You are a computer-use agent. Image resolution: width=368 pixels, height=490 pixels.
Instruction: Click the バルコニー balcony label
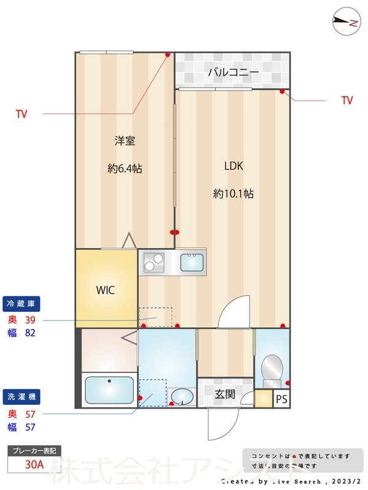point(233,72)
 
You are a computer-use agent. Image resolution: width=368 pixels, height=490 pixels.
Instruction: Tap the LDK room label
point(233,165)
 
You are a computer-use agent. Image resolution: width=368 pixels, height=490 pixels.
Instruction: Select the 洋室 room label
point(125,141)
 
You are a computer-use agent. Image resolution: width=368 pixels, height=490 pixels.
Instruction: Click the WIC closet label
point(105,290)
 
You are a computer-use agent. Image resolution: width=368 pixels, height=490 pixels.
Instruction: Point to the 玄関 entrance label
point(225,394)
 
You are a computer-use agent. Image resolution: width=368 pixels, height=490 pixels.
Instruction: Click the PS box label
point(281,399)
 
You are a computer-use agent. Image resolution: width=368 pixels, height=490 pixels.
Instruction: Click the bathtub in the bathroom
point(109,390)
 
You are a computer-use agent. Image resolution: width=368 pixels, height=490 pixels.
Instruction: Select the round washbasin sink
point(181,398)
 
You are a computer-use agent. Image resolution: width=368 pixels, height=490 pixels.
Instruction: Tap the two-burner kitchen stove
point(154,263)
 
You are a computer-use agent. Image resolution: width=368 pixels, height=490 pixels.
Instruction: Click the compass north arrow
point(345,23)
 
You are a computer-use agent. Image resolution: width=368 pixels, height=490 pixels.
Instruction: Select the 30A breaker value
point(34,464)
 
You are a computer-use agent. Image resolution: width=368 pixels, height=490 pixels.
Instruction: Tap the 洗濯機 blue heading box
point(21,397)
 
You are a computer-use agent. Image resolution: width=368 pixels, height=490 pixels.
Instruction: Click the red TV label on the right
point(347,100)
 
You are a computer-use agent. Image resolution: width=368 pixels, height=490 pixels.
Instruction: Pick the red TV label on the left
point(21,114)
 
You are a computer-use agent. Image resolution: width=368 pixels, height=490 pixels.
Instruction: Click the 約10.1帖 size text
point(233,194)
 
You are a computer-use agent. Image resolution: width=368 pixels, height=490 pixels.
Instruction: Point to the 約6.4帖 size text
point(125,168)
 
